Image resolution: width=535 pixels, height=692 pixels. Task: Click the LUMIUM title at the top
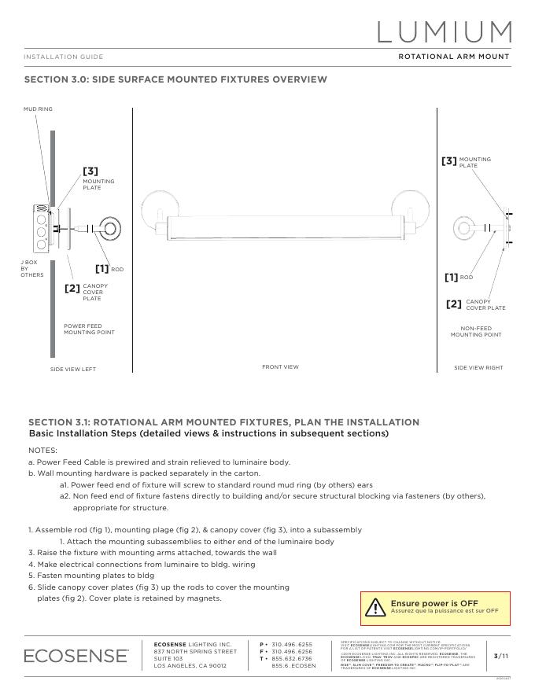click(445, 31)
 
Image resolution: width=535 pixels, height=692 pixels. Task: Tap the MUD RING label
click(38, 109)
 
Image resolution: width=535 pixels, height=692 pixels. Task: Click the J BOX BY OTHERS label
click(31, 268)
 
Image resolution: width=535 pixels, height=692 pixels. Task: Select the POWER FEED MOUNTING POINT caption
click(89, 329)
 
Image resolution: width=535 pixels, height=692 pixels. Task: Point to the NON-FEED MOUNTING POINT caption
click(476, 331)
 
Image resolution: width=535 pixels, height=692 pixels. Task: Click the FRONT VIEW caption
click(280, 366)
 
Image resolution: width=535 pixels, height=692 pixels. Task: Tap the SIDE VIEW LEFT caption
click(73, 369)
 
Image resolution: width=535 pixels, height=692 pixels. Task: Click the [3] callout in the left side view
click(90, 171)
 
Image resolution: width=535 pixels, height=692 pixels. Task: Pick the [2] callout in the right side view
click(454, 304)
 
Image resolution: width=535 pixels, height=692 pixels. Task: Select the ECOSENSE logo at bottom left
click(76, 655)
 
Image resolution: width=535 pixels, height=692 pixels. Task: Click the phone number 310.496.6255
click(292, 644)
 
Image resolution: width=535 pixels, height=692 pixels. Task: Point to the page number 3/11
click(501, 655)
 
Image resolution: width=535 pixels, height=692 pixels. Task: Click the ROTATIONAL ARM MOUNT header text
click(453, 57)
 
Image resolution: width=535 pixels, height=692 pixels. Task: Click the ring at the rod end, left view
click(110, 230)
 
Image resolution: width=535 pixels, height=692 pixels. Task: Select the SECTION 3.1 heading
click(223, 422)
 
